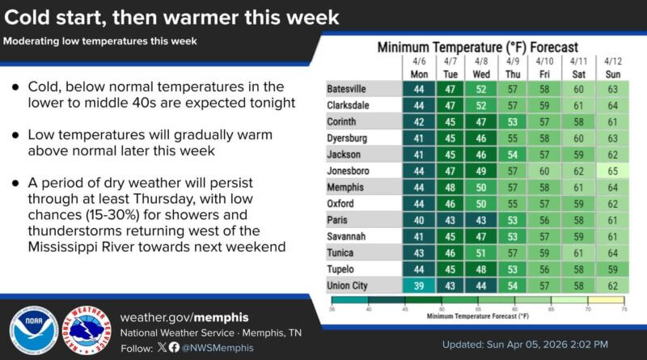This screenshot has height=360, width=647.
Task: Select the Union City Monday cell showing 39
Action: pyautogui.click(x=417, y=286)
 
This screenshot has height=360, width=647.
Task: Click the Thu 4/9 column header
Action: pyautogui.click(x=512, y=67)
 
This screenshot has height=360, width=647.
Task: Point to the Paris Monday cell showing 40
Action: pyautogui.click(x=417, y=219)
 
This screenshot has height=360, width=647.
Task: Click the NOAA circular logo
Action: pyautogui.click(x=33, y=331)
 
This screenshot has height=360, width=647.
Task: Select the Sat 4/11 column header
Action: pyautogui.click(x=577, y=67)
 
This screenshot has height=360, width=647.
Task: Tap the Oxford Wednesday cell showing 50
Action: pyautogui.click(x=480, y=203)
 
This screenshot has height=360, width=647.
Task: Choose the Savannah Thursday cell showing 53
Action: pyautogui.click(x=512, y=235)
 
